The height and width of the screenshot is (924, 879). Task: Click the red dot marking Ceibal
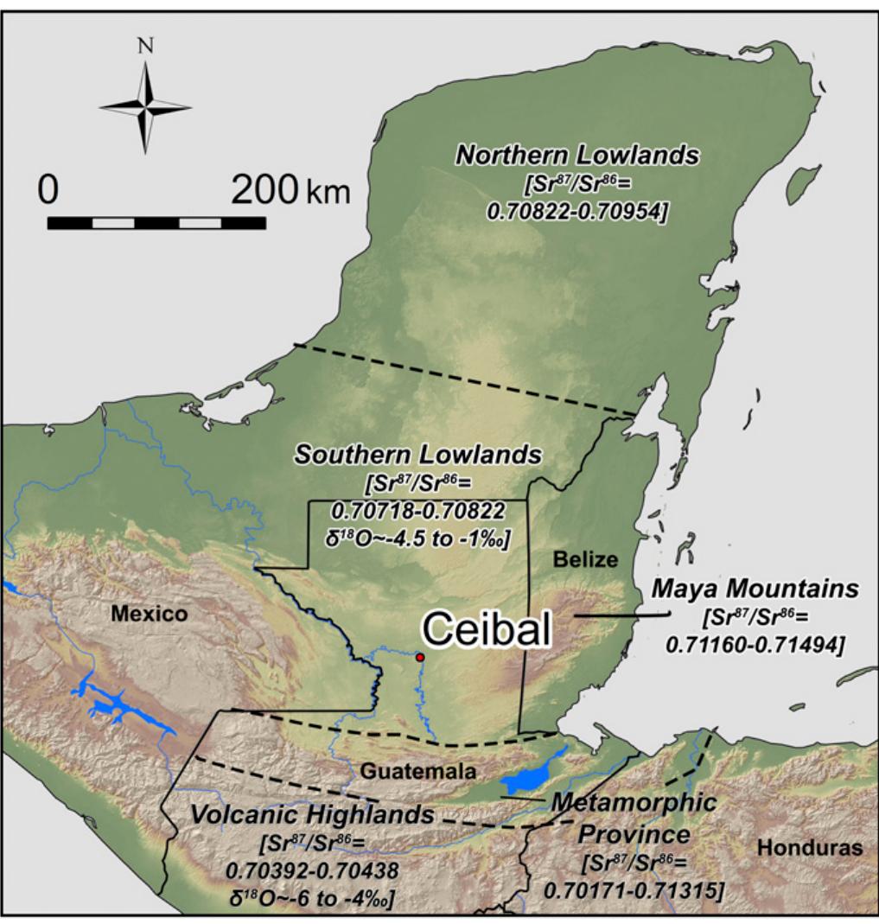tap(420, 658)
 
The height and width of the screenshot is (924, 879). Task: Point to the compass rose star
tap(145, 107)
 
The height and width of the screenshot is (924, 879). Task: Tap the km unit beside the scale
tap(328, 192)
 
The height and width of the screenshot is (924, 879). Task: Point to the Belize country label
tap(587, 560)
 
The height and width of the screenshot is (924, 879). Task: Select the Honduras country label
tap(810, 848)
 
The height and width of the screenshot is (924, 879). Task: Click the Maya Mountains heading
tap(755, 589)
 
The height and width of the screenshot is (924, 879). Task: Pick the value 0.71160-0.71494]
tap(755, 645)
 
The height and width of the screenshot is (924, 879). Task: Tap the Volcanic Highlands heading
tap(312, 815)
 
